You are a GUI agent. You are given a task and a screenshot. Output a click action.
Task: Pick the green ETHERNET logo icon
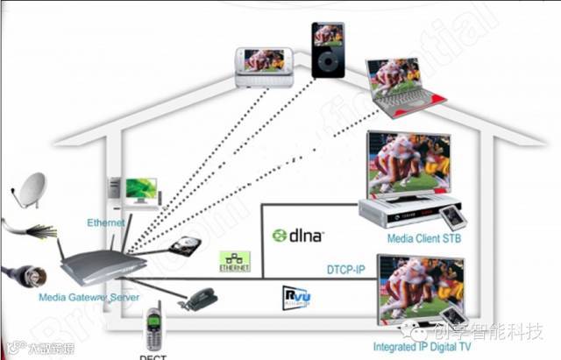pos(234,261)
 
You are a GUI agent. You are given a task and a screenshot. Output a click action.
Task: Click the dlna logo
pos(298,235)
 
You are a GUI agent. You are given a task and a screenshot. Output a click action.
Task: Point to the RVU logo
pos(298,298)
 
